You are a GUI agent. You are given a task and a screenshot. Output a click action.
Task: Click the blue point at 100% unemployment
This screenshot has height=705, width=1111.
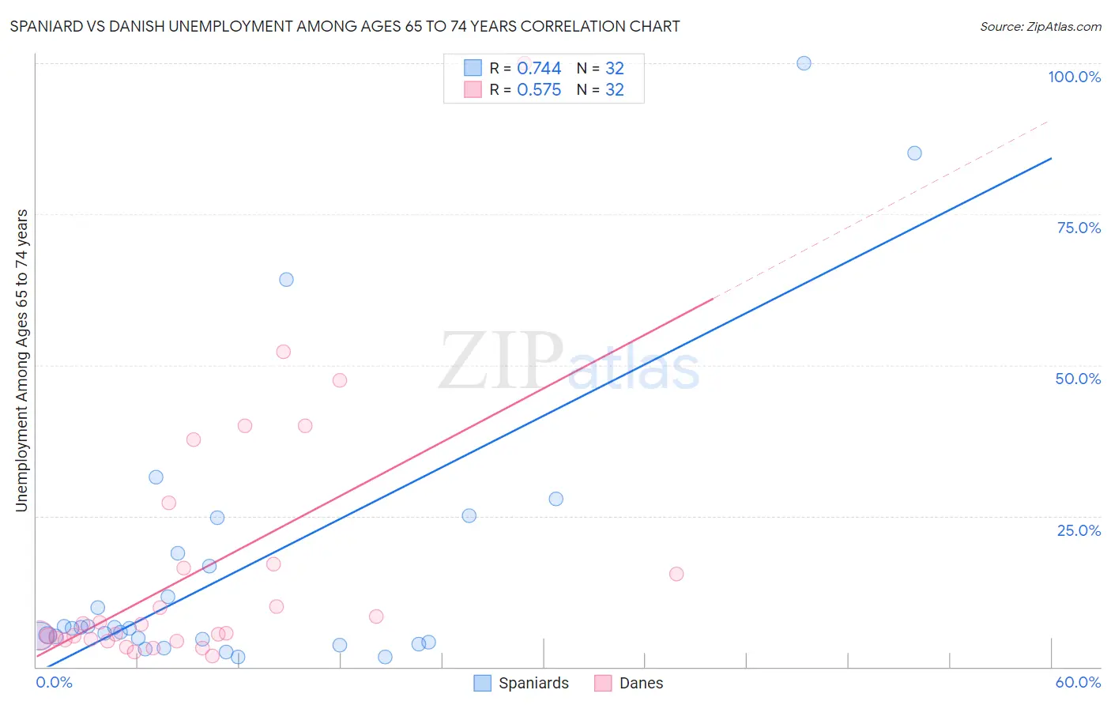(x=804, y=63)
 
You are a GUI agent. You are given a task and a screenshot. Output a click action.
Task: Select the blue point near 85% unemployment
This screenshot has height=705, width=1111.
(x=914, y=153)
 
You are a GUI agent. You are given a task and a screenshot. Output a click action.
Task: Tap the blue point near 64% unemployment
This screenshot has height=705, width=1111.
(x=286, y=280)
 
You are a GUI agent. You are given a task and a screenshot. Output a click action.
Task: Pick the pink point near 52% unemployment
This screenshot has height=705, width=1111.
(x=283, y=352)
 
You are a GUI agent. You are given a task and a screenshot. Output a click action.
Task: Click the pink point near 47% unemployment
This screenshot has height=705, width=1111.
(x=340, y=380)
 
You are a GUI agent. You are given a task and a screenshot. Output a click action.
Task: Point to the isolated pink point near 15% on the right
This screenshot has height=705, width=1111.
(x=676, y=574)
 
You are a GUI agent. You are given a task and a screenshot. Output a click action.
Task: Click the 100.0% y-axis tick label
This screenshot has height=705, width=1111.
(x=1074, y=77)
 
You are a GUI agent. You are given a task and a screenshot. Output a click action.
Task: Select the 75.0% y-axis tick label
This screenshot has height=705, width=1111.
(x=1079, y=228)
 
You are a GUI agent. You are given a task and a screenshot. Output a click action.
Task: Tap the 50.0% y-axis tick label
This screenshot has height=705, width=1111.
(x=1078, y=379)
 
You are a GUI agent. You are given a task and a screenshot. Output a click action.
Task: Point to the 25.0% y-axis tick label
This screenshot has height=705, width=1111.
(x=1079, y=530)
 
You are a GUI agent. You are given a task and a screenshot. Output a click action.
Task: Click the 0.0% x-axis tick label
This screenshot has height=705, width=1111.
(x=54, y=682)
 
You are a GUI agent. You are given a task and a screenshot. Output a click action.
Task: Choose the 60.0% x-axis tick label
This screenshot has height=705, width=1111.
(x=1078, y=682)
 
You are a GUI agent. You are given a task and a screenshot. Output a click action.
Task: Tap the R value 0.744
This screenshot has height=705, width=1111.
(x=539, y=69)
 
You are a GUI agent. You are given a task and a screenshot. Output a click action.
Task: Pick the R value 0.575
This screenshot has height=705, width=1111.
(x=539, y=90)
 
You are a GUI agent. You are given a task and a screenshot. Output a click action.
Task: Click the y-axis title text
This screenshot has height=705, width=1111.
(x=22, y=360)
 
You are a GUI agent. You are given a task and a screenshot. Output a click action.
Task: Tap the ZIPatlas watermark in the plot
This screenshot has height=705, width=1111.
(x=569, y=363)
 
